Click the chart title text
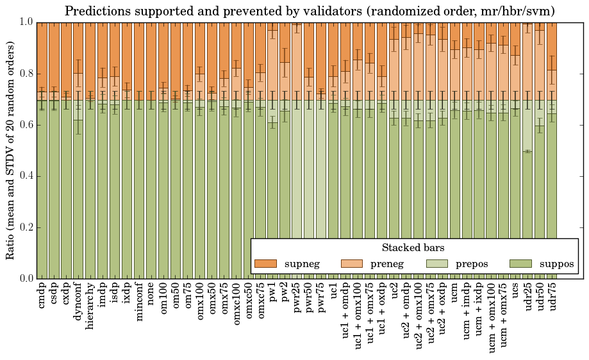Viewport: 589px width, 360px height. tap(310, 11)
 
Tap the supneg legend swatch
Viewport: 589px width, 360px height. tap(265, 263)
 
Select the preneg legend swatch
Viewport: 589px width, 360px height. tap(351, 263)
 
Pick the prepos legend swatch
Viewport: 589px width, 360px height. tap(436, 263)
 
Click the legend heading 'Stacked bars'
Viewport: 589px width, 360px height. tap(413, 247)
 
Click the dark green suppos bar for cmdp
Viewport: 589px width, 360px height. tap(42, 192)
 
